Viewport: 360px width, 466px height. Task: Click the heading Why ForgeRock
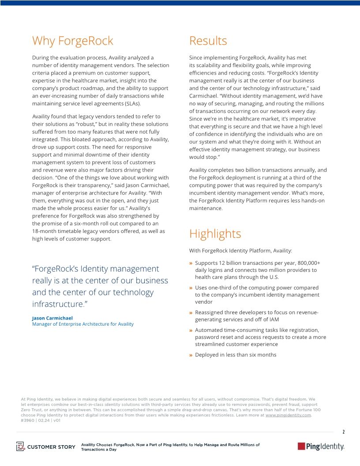(x=72, y=41)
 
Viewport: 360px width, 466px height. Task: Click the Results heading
(x=208, y=41)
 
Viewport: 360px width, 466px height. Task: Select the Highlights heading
(x=215, y=233)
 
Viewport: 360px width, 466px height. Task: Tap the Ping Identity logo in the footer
(x=321, y=447)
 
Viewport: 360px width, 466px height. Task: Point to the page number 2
(x=343, y=432)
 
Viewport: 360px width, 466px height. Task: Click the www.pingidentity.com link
(x=288, y=415)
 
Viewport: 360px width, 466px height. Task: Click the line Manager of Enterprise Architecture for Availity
(x=82, y=324)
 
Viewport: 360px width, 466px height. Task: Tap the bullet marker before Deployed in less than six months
(x=191, y=355)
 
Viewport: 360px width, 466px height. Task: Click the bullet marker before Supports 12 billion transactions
(x=191, y=263)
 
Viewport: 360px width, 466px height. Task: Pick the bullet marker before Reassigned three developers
(x=191, y=313)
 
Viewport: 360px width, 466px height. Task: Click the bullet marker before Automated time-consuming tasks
(x=191, y=330)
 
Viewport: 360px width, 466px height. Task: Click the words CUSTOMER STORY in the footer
(x=51, y=447)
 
